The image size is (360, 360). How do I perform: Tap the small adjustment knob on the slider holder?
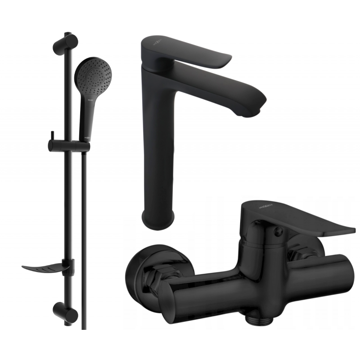[x=53, y=135]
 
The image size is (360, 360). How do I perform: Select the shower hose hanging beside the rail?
[x=84, y=225]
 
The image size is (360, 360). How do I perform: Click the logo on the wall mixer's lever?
[x=253, y=206]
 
